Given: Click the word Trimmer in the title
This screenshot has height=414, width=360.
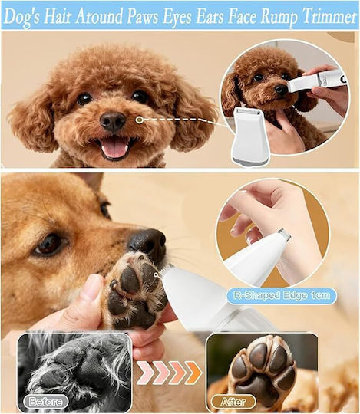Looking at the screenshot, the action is pos(329,16).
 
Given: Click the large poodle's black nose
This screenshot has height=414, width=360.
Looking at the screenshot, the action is pos(113,121).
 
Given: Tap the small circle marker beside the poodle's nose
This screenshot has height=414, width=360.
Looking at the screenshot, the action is pos(139,120).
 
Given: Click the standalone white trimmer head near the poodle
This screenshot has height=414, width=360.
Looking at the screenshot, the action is pos(249,137).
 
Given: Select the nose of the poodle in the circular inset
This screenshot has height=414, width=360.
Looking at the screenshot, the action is pos(281,89).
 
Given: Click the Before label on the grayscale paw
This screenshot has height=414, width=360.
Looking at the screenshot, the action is pos(45,402).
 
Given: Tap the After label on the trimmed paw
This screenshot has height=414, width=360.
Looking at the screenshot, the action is pos(233,402).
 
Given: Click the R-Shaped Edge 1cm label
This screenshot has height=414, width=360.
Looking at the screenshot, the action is pos(282,295).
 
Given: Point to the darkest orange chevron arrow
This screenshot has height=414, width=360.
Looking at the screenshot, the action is pos(193,373).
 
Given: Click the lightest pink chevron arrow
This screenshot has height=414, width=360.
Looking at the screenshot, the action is pos(145,373).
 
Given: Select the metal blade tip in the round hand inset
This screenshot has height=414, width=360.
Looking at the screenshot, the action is pos(283,235).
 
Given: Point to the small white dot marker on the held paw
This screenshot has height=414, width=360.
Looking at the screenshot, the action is pos(156,275).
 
